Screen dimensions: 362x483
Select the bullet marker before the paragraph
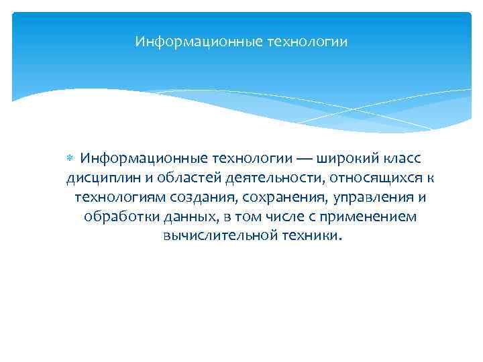click(x=71, y=159)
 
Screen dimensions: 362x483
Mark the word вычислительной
click(x=211, y=237)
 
